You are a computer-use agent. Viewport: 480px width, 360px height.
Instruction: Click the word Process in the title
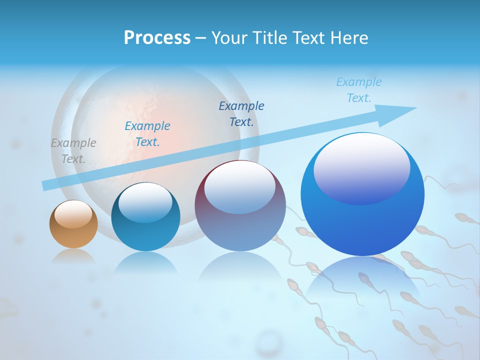click(x=157, y=38)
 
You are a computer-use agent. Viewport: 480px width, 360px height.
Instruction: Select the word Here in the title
click(x=348, y=38)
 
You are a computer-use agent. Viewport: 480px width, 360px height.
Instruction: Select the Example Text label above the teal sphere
click(x=147, y=134)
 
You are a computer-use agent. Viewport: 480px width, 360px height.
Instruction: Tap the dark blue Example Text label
click(x=241, y=114)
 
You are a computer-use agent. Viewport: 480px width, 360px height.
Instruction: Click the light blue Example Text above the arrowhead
click(x=359, y=90)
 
